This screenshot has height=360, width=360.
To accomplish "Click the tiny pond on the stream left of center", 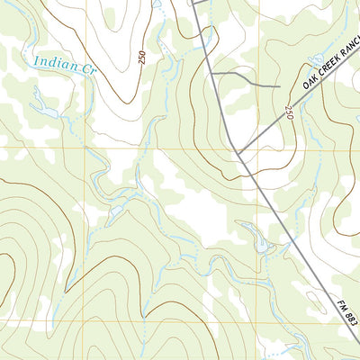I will click(x=118, y=211).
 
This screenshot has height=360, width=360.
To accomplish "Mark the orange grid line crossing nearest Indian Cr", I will click(x=87, y=148).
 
